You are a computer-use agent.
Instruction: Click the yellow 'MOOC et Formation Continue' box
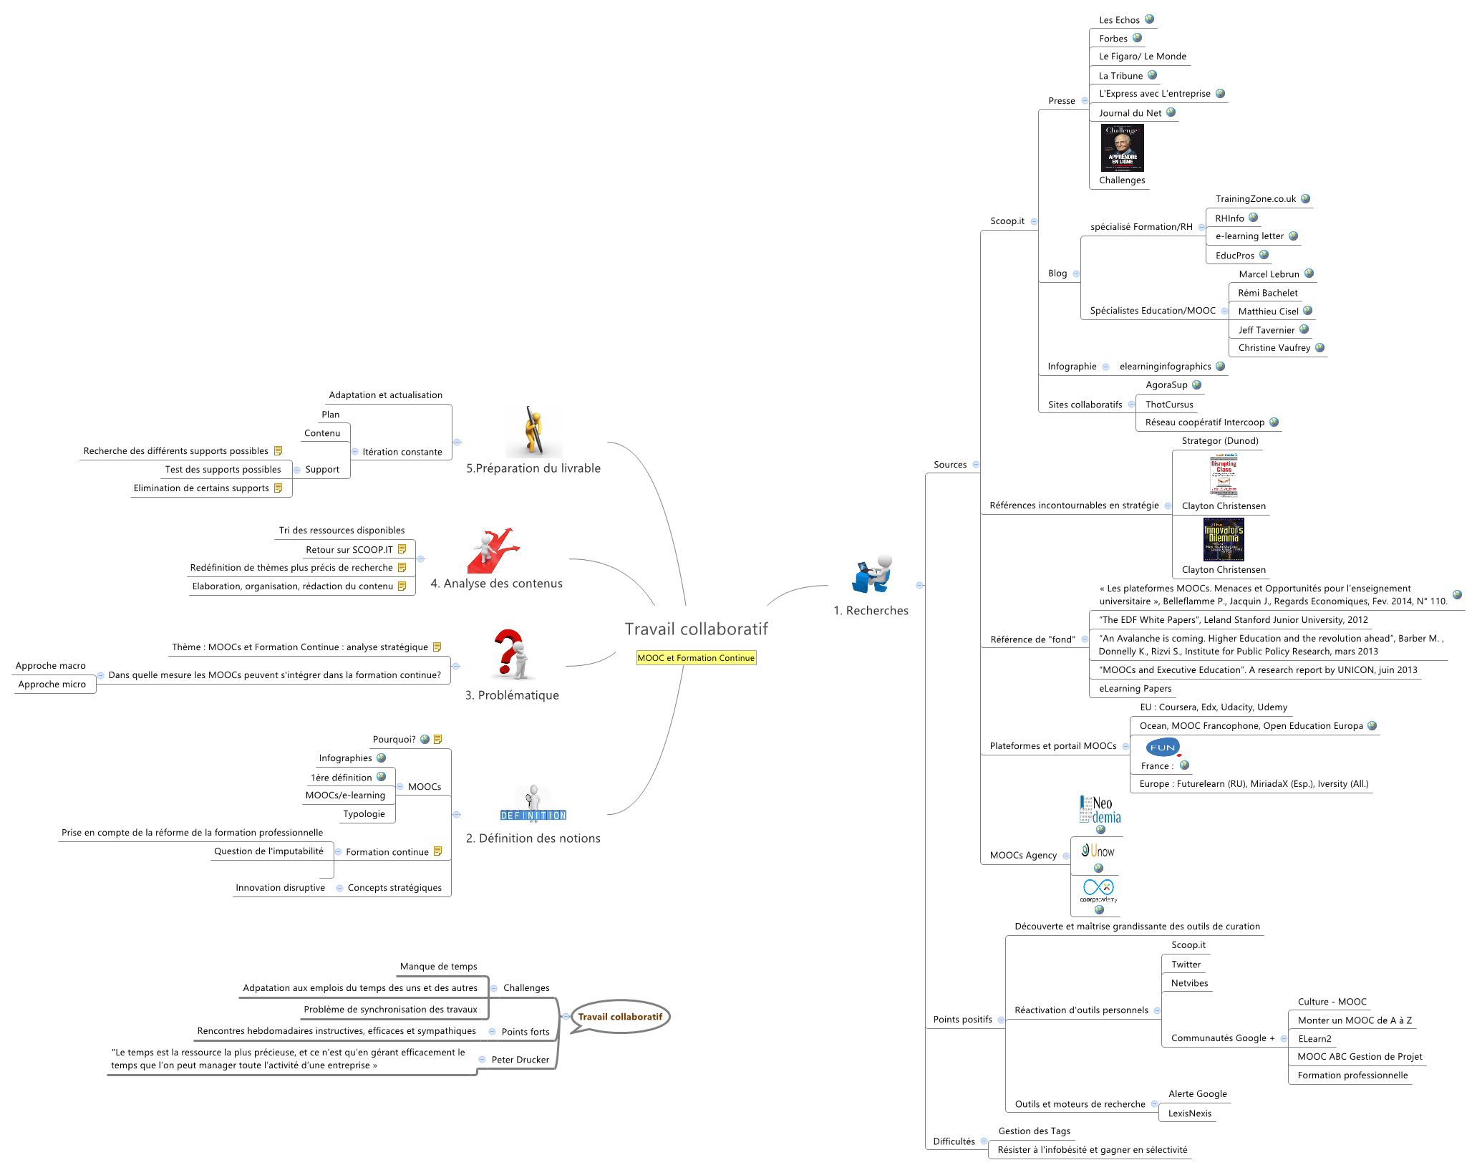pos(696,658)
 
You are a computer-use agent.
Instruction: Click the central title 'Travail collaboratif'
pos(696,629)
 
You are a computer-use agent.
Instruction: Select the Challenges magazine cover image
pos(1122,148)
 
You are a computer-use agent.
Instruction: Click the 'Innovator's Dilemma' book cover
pos(1224,539)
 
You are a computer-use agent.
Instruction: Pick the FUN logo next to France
pos(1163,748)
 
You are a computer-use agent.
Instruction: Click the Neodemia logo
pos(1100,810)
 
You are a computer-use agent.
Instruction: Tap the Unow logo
pos(1098,851)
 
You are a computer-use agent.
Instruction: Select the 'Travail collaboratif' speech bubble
pos(620,1017)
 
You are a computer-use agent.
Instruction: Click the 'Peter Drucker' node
pos(520,1060)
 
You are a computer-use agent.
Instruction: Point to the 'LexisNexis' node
pos(1190,1113)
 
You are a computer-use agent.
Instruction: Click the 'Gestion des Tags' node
pos(1034,1131)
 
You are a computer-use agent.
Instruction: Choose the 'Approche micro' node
pos(52,685)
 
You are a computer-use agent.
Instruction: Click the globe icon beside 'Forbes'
pos(1137,38)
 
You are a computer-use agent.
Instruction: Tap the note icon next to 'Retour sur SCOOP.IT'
pos(402,549)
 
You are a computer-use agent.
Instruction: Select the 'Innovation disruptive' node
pos(280,888)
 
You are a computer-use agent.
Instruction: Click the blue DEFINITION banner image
pos(533,816)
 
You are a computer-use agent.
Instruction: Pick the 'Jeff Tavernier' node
pos(1266,330)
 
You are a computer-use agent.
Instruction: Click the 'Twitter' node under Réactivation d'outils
pos(1186,964)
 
